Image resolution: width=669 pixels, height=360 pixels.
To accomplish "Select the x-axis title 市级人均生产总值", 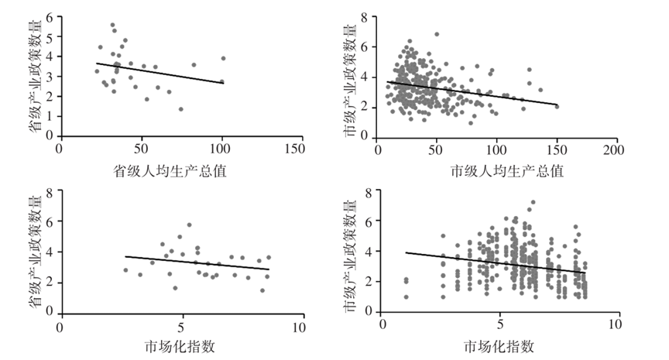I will [496, 170].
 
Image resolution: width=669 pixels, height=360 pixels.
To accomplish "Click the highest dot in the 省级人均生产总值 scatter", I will [112, 25].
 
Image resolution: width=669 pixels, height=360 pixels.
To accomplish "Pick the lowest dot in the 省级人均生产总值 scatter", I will [180, 109].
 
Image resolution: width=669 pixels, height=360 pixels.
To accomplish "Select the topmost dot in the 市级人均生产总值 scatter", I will [437, 34].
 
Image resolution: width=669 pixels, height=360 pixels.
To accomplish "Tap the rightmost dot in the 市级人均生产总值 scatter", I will [557, 106].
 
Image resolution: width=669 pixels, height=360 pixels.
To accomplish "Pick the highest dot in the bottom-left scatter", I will [189, 225].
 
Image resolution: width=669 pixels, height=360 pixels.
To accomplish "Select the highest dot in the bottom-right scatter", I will [532, 203].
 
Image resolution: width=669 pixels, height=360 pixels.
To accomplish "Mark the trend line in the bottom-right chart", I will [496, 262].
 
